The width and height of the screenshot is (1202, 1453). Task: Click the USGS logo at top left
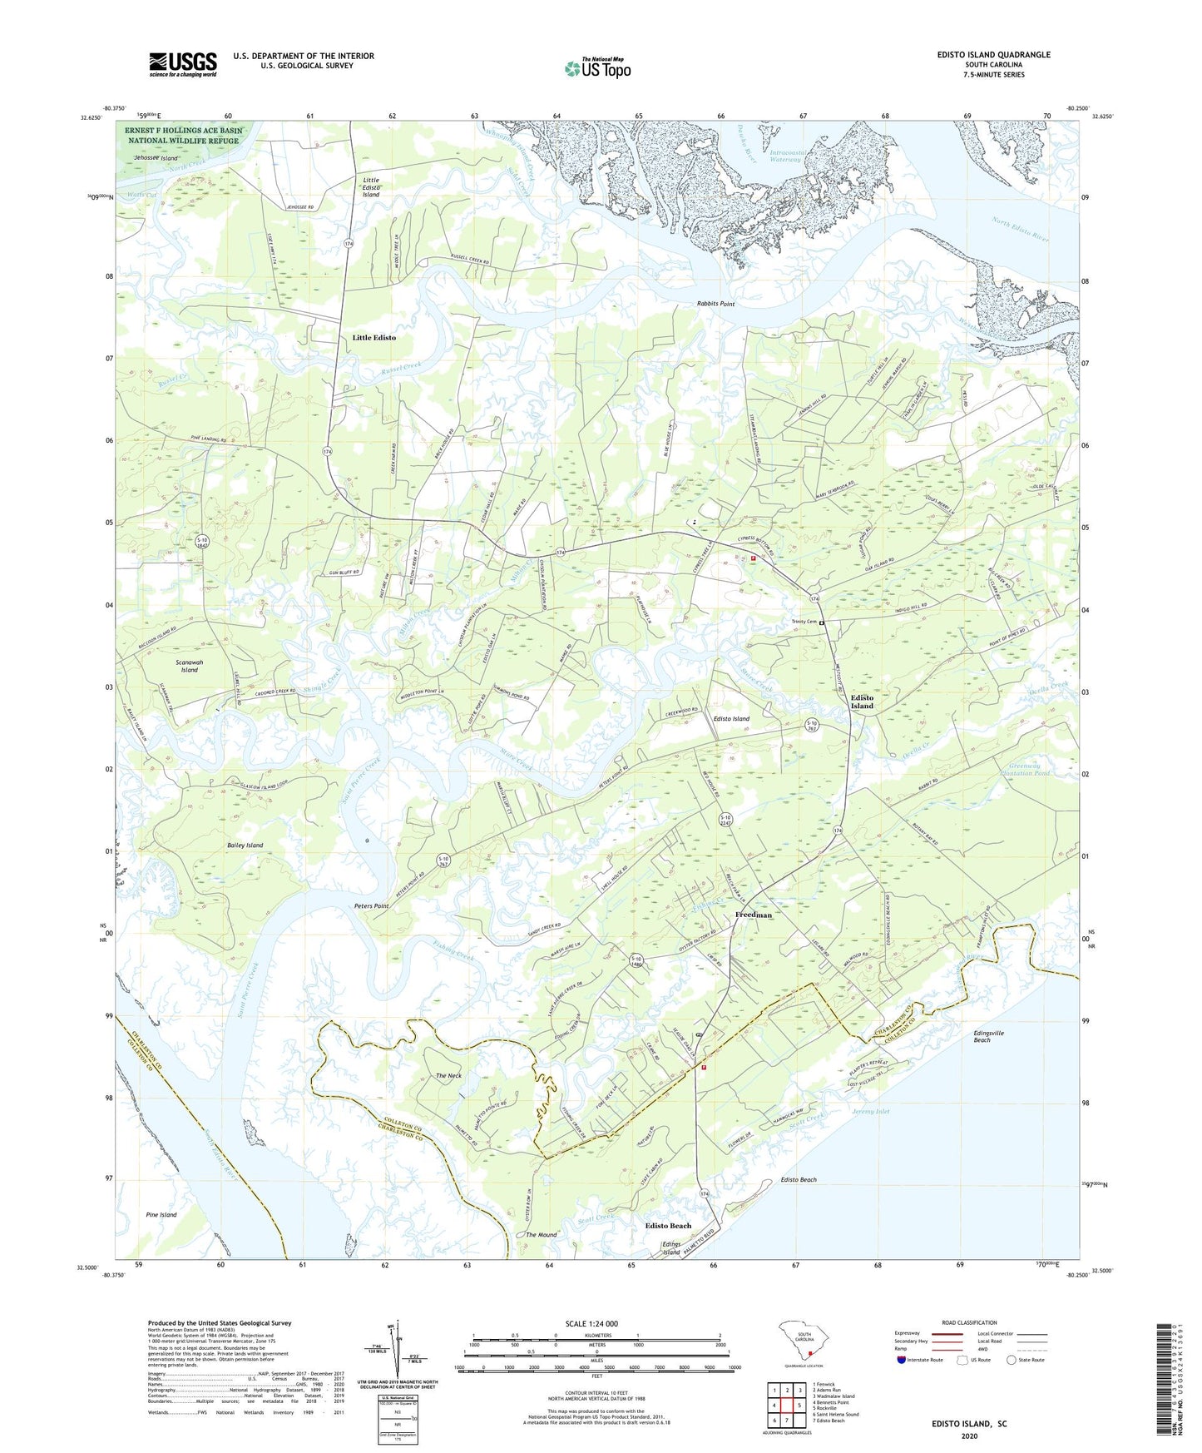pyautogui.click(x=183, y=63)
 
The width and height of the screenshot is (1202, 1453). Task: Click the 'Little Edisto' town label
pyautogui.click(x=374, y=337)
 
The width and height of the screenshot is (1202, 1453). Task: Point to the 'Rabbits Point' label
pyautogui.click(x=715, y=304)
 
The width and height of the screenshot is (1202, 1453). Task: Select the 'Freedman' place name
pyautogui.click(x=754, y=915)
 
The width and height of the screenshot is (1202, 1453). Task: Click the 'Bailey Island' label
pyautogui.click(x=245, y=845)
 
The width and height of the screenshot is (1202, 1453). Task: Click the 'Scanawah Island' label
pyautogui.click(x=190, y=666)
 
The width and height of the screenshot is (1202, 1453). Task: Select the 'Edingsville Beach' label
pyautogui.click(x=988, y=1036)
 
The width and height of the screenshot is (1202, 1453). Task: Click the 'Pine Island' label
pyautogui.click(x=161, y=1214)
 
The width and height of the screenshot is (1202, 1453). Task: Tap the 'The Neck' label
pyautogui.click(x=448, y=1075)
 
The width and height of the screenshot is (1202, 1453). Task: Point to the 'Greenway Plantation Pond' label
pyautogui.click(x=1029, y=770)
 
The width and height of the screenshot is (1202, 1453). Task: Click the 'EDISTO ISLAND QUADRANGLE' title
pyautogui.click(x=993, y=55)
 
